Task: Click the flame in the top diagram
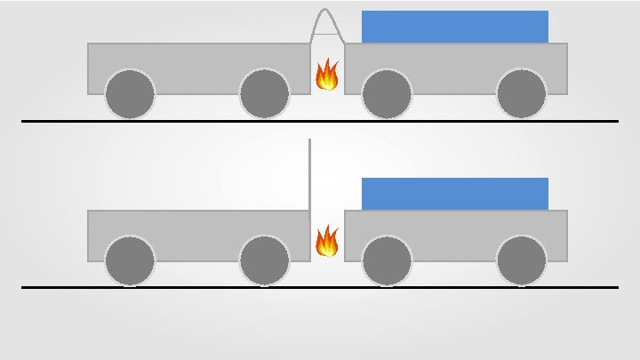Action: (327, 75)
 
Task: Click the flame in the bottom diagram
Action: (327, 241)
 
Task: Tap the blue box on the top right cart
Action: (454, 27)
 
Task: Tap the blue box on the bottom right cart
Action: (454, 194)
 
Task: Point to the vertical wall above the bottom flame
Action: (309, 178)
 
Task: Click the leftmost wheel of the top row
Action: (130, 92)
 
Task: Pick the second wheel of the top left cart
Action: (264, 92)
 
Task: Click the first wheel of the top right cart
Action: (387, 92)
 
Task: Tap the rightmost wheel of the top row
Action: (521, 92)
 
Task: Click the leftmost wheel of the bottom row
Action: (130, 260)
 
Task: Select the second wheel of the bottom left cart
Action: (264, 260)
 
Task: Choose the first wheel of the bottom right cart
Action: (387, 260)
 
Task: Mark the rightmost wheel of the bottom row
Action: (521, 260)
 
